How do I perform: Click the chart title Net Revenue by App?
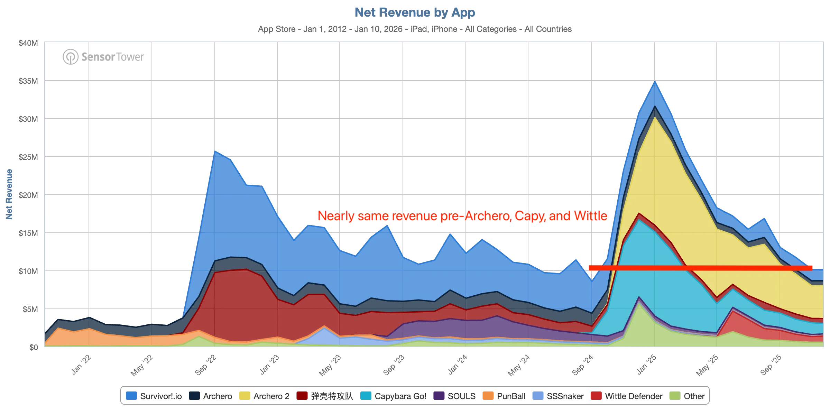point(415,12)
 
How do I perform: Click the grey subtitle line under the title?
point(415,29)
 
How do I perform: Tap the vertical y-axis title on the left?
point(10,195)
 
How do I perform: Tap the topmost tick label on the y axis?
point(28,43)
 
